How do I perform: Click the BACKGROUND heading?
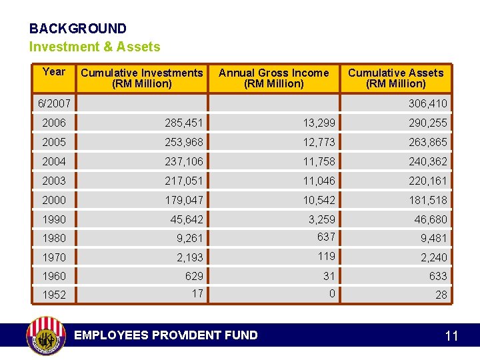[77, 29]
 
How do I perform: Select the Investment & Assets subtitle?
[95, 47]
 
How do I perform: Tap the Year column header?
[53, 72]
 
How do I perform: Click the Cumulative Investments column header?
[141, 78]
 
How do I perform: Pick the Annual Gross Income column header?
[273, 78]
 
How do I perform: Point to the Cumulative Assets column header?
[395, 78]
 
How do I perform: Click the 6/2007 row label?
[54, 104]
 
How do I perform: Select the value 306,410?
[427, 104]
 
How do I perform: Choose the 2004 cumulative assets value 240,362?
[427, 162]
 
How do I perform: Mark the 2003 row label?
[54, 181]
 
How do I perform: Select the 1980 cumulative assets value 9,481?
[433, 238]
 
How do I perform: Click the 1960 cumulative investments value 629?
[194, 276]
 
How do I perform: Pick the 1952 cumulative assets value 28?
[441, 295]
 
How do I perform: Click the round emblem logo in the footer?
[45, 335]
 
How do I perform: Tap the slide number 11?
[451, 336]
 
